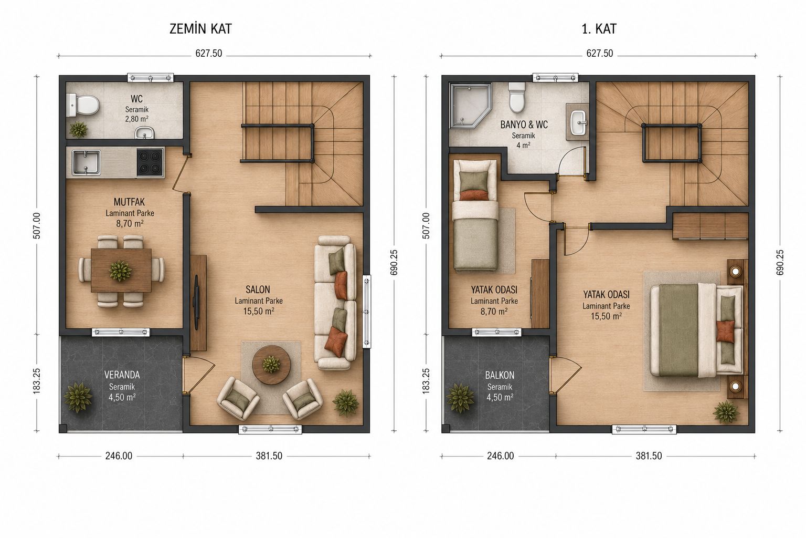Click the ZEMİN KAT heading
click(x=200, y=29)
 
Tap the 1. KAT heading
click(x=599, y=29)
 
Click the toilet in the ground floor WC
click(x=83, y=105)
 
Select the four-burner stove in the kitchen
click(x=150, y=162)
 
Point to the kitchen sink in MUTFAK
click(x=86, y=162)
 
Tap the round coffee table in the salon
click(x=271, y=365)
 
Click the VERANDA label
click(x=122, y=375)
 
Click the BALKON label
click(x=500, y=376)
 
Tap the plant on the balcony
click(x=460, y=398)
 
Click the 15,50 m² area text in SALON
click(x=259, y=312)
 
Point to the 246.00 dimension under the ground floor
click(x=119, y=456)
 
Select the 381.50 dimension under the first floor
click(x=649, y=456)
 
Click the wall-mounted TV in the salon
click(x=197, y=303)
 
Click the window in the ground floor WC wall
click(x=151, y=78)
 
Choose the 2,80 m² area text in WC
click(x=137, y=119)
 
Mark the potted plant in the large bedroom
click(x=726, y=412)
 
